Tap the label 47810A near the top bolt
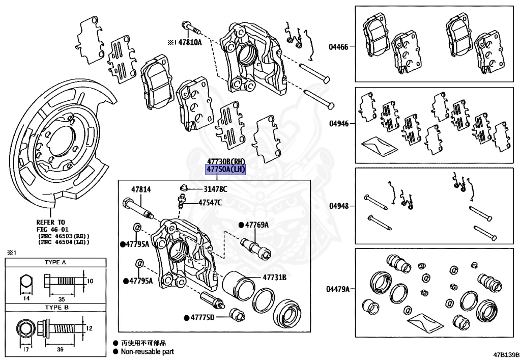[x=190, y=43]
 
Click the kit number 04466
[x=338, y=47]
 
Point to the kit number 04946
[x=338, y=124]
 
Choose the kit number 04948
[x=338, y=206]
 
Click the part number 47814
[x=141, y=189]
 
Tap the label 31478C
[x=215, y=189]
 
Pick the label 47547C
[x=210, y=203]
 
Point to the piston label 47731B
[x=275, y=278]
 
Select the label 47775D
[x=202, y=318]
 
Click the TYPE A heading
[x=55, y=263]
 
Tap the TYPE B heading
[x=55, y=308]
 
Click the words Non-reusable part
[x=147, y=351]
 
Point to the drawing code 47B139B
[x=506, y=354]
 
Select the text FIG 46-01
[x=52, y=229]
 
